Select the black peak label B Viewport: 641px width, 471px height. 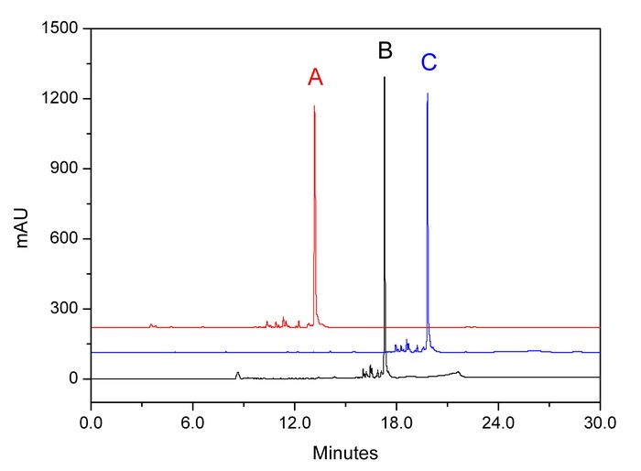385,50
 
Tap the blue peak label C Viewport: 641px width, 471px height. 429,62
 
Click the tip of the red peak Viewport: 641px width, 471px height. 314,106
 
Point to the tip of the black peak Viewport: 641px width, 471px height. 385,77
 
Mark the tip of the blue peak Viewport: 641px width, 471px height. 428,93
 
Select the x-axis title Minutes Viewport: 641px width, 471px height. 345,452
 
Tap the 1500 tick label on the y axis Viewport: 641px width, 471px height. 60,28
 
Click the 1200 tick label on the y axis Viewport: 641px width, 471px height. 60,99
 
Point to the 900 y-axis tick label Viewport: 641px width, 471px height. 64,169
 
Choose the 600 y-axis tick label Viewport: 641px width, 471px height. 64,239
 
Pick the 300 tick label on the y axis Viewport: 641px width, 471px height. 64,309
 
